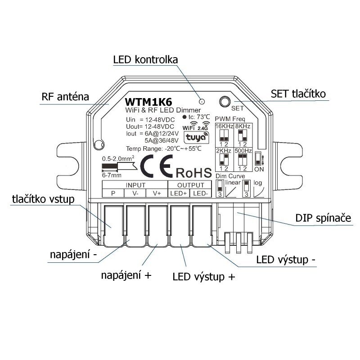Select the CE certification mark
156,167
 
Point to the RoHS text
193,172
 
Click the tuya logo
194,137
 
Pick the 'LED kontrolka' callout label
145,60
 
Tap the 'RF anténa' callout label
65,97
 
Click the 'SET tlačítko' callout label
298,94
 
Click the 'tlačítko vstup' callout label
42,200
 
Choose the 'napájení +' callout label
126,275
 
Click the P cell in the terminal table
113,193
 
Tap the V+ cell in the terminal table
157,193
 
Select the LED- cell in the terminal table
199,193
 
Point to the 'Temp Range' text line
163,149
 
